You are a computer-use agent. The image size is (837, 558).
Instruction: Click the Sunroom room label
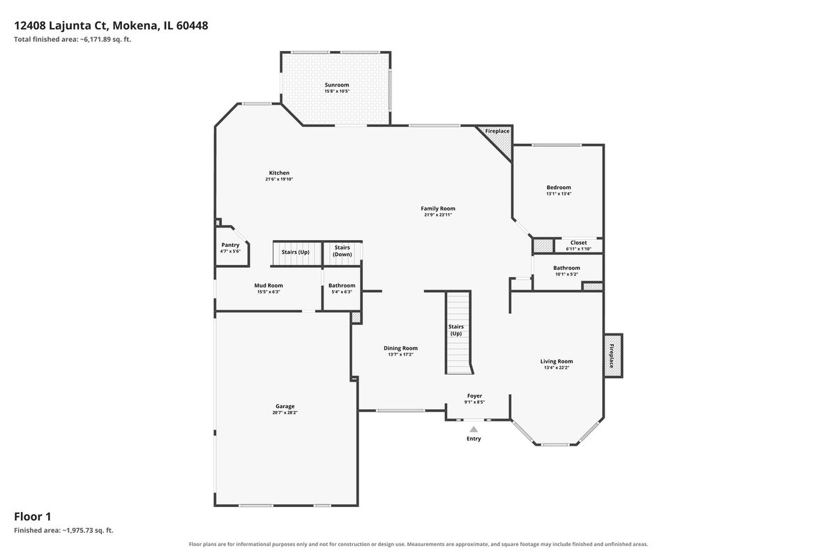coord(337,85)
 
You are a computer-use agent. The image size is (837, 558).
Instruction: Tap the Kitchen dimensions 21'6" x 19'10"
coord(279,179)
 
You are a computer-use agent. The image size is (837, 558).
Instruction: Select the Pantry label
coord(230,245)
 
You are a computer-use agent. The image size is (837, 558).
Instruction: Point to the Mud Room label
coord(269,285)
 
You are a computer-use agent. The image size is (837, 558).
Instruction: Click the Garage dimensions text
coord(285,413)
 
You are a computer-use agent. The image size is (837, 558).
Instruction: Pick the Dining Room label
coord(400,348)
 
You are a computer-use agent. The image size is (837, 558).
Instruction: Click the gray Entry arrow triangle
coord(474,429)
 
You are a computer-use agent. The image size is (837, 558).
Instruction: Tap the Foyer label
coord(474,395)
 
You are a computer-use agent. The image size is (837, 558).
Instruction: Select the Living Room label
coord(557,361)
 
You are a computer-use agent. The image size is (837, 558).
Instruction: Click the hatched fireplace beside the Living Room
coord(613,356)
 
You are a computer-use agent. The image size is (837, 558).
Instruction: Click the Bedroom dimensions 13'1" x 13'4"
coord(559,194)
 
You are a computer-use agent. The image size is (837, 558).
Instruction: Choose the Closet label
coord(578,243)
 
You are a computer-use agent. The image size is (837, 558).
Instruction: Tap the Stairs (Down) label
coord(342,251)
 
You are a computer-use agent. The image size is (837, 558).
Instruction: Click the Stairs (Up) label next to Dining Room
coord(456,330)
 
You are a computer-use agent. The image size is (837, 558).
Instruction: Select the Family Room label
coord(438,209)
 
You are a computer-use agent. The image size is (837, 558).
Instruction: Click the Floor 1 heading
coord(33,517)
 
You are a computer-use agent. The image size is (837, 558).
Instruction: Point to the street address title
coord(111,25)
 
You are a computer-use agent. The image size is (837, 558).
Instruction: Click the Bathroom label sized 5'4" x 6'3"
coord(342,285)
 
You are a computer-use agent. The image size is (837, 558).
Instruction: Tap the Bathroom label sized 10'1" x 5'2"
coord(566,268)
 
